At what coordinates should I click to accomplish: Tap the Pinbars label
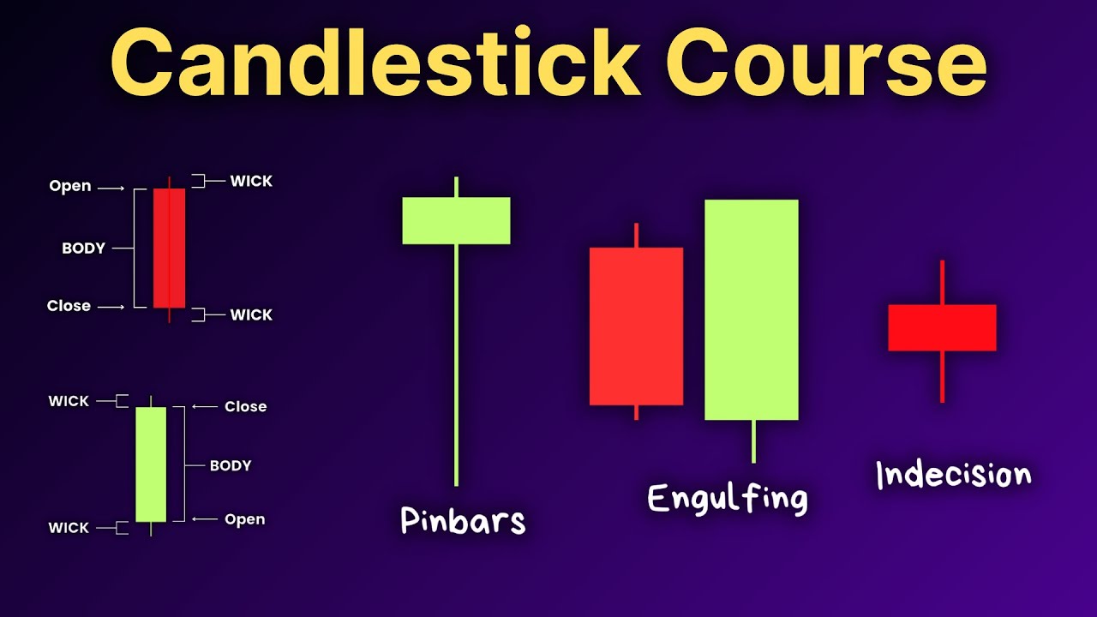463,520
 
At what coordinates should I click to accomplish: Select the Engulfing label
727,497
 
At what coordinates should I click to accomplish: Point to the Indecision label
953,474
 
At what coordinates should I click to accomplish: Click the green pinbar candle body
456,220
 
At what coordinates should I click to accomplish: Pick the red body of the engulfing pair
636,326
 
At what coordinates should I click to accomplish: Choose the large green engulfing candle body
752,309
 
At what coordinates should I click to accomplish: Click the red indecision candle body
942,327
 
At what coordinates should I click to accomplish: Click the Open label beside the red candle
70,186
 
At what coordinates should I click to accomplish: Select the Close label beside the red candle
69,306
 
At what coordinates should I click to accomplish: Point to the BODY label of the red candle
83,249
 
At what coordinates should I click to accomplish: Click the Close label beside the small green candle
245,406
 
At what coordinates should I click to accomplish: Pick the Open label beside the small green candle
244,519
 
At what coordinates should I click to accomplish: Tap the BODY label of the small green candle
231,466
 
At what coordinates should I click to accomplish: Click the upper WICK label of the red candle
251,181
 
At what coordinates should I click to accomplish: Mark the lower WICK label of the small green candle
69,528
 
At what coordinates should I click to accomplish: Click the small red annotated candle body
169,248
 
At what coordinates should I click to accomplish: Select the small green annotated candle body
151,464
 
